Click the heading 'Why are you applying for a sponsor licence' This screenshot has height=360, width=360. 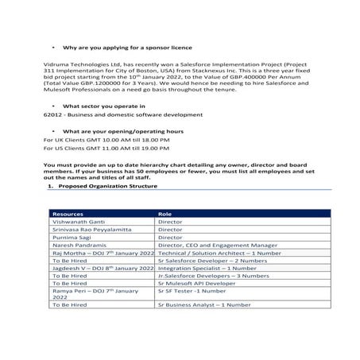(118, 48)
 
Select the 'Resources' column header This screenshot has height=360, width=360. (68, 214)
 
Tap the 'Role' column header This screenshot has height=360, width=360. (165, 214)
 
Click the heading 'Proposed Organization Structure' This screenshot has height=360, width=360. (107, 186)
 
